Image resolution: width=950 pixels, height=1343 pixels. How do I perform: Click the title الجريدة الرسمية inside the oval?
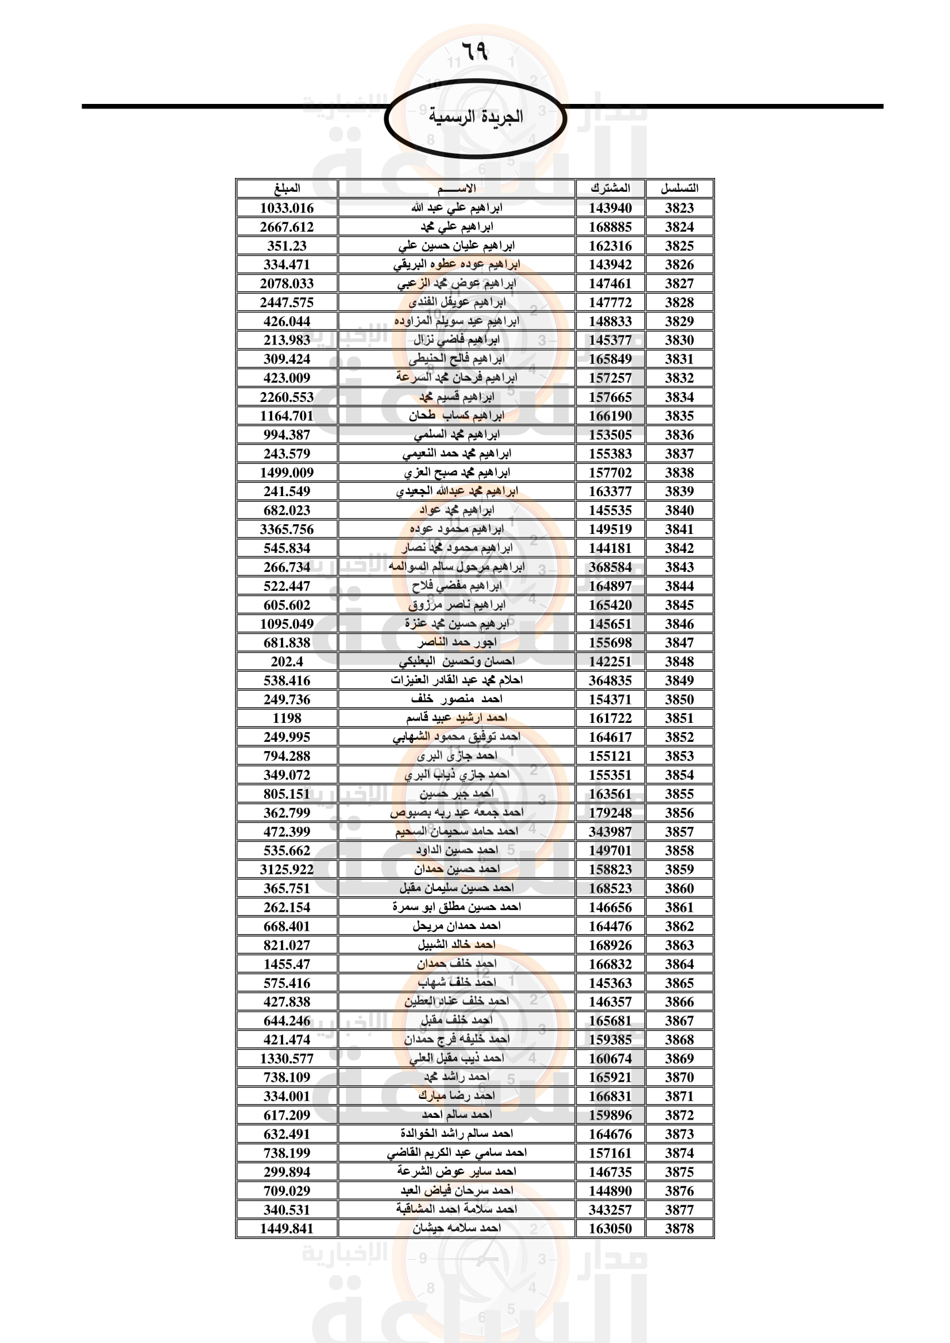coord(476,117)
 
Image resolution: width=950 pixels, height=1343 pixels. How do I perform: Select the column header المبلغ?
coord(287,188)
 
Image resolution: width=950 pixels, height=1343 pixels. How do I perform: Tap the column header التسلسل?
coord(679,188)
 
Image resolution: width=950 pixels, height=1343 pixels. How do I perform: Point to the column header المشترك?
coord(610,188)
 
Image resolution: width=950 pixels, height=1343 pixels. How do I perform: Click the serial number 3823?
coord(679,208)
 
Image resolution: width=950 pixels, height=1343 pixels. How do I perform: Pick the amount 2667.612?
coord(287,227)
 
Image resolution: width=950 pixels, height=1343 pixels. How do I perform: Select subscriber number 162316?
coord(610,246)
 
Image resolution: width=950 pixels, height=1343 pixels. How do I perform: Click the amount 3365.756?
coord(287,529)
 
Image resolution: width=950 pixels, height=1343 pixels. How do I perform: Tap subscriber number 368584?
coord(610,567)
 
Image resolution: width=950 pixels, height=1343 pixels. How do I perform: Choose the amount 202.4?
coord(287,661)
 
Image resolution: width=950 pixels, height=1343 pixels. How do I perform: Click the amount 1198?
coord(287,718)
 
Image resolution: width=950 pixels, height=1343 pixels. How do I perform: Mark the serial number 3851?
coord(679,718)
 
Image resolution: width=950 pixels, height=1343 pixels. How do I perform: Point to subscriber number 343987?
coord(610,832)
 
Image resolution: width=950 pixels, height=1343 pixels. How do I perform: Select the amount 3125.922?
coord(287,869)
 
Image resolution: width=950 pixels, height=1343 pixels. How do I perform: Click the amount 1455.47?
coord(287,964)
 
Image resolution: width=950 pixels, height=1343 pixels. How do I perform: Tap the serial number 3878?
coord(679,1229)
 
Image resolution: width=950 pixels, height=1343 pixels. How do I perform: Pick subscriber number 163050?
coord(610,1229)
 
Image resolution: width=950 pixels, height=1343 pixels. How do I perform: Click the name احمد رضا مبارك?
coord(457,1096)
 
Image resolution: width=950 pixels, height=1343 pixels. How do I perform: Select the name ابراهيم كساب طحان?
coord(457,416)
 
